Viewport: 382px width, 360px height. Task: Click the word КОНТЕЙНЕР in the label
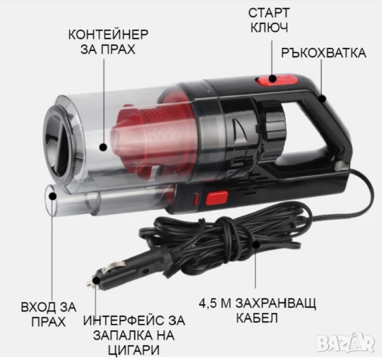pyautogui.click(x=108, y=35)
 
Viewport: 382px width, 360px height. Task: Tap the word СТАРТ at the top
pyautogui.click(x=269, y=13)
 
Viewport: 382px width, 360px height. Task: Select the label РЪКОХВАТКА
pyautogui.click(x=324, y=53)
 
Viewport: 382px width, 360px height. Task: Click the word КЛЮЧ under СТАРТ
pyautogui.click(x=269, y=28)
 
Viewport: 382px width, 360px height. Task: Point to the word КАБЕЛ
pyautogui.click(x=257, y=317)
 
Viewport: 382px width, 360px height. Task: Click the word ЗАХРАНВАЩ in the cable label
pyautogui.click(x=276, y=303)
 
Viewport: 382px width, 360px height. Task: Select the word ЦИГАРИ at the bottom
pyautogui.click(x=133, y=350)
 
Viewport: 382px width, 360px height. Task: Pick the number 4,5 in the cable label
pyautogui.click(x=208, y=304)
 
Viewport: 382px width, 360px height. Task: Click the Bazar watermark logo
pyautogui.click(x=346, y=343)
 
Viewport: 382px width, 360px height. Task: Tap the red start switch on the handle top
pyautogui.click(x=276, y=80)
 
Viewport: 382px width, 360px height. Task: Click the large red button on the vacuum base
pyautogui.click(x=217, y=198)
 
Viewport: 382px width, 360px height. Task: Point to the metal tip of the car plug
pyautogui.click(x=90, y=283)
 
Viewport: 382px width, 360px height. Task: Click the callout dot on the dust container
pyautogui.click(x=103, y=147)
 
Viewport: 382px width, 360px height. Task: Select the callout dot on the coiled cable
pyautogui.click(x=255, y=244)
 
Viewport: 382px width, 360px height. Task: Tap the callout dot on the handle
pyautogui.click(x=322, y=98)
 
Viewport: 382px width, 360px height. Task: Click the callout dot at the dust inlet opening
pyautogui.click(x=53, y=196)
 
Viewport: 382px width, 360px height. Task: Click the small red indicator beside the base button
pyautogui.click(x=196, y=199)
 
